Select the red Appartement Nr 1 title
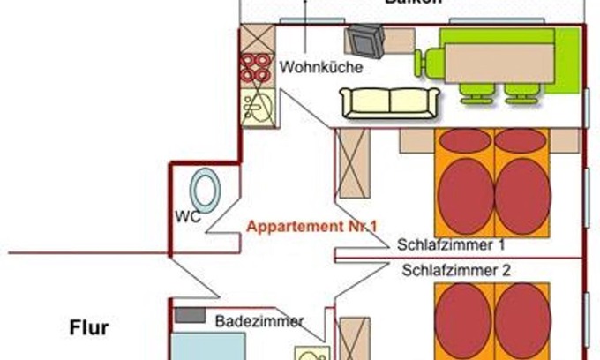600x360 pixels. pyautogui.click(x=312, y=227)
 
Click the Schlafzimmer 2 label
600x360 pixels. pyautogui.click(x=455, y=271)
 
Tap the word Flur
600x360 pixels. pyautogui.click(x=89, y=329)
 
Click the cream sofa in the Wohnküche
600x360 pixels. pyautogui.click(x=389, y=103)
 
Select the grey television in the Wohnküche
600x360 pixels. pyautogui.click(x=364, y=41)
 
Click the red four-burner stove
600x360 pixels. pyautogui.click(x=257, y=69)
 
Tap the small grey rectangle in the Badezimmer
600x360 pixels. pyautogui.click(x=188, y=314)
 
